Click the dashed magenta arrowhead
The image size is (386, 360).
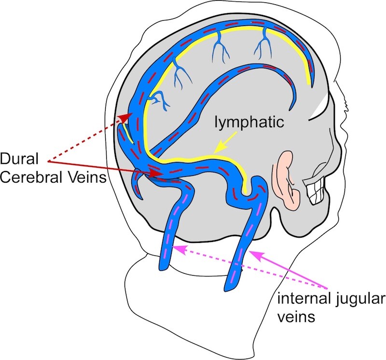coord(179,249)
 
